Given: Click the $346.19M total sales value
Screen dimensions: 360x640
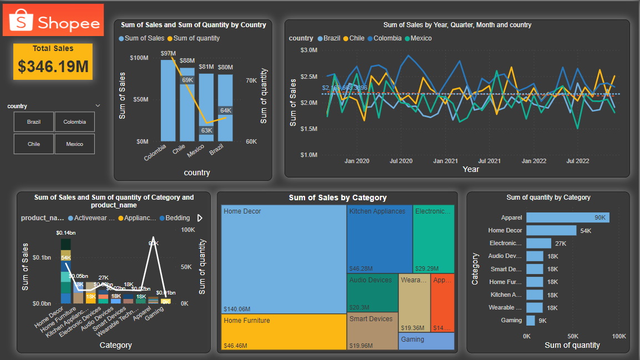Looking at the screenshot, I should point(53,66).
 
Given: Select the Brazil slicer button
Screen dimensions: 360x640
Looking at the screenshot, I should point(34,122).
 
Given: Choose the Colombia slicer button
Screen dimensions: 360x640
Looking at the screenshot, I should point(75,122).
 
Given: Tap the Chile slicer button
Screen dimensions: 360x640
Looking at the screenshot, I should point(34,144).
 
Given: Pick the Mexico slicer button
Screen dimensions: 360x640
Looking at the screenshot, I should point(75,144).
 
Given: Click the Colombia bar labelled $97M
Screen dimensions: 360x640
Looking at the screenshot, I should point(168,100).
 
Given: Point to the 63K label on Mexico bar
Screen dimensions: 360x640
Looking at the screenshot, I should point(206,131).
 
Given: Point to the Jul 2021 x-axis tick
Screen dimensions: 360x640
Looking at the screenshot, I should point(490,161).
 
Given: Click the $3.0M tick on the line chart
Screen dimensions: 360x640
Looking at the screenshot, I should point(308,50).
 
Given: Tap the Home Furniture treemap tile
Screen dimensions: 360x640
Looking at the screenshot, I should point(283,332).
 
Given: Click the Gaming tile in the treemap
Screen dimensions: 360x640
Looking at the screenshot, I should point(426,341).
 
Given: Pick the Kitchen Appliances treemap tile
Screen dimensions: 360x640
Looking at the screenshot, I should point(380,239).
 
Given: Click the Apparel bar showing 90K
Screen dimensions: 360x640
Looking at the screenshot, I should point(567,217).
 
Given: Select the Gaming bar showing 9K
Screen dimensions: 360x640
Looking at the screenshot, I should point(531,320).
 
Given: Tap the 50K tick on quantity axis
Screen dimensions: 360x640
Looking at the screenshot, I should point(573,336).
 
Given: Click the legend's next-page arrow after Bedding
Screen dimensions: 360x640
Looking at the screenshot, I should point(200,218).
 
